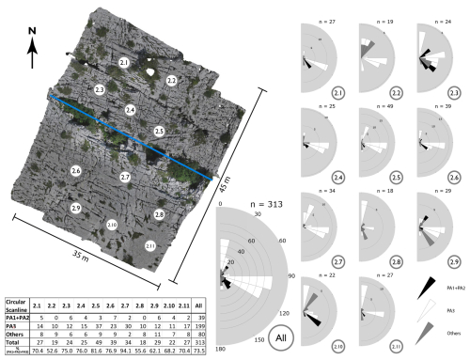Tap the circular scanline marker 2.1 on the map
tap(124, 62)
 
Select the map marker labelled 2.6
tap(76, 169)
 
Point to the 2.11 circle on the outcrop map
tap(151, 245)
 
